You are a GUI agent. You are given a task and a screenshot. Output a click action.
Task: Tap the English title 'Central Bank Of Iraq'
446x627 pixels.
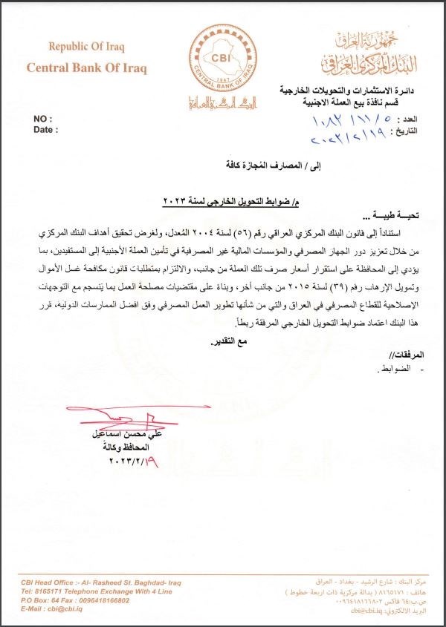87,68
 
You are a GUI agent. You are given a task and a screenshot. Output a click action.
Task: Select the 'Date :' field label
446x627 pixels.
46,129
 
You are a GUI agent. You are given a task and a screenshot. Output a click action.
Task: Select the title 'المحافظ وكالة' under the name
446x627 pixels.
123,447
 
